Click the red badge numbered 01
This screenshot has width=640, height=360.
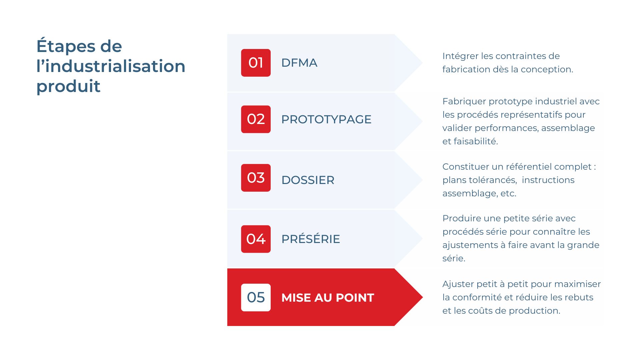click(x=256, y=63)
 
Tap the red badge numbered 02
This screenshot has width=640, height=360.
click(x=256, y=119)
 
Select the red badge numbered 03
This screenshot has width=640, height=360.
click(x=256, y=178)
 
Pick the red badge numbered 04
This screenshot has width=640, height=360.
click(x=256, y=239)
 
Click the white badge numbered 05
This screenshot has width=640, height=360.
click(x=256, y=297)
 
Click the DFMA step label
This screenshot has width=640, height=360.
click(x=299, y=63)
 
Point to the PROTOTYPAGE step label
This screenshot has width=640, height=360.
click(x=326, y=119)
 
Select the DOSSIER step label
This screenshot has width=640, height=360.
click(x=308, y=180)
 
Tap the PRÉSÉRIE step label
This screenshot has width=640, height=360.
click(x=310, y=239)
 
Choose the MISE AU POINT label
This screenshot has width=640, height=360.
click(x=327, y=297)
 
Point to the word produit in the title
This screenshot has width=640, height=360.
click(x=68, y=86)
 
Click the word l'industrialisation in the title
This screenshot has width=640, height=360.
click(x=111, y=66)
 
